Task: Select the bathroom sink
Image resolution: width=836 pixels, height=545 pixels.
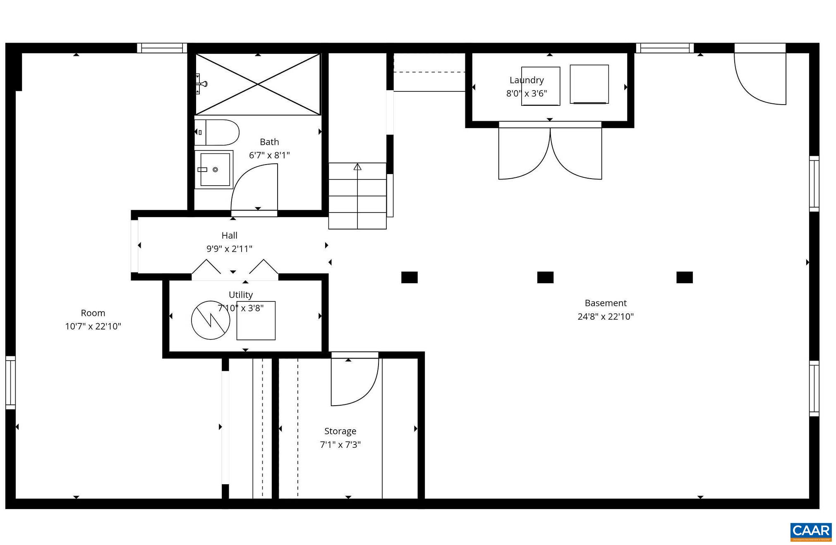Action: (214, 170)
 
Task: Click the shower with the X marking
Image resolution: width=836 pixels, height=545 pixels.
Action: (258, 84)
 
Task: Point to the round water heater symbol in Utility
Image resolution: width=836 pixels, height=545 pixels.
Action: (211, 320)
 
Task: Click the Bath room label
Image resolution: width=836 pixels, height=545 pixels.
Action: (269, 142)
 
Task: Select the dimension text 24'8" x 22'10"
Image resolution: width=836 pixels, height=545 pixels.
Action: (605, 316)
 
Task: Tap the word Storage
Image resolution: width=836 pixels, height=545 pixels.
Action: (340, 431)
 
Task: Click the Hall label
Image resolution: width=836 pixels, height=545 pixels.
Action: (229, 235)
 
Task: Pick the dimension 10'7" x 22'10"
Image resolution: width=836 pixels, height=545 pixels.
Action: (93, 326)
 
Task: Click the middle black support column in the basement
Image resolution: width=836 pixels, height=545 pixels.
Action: (545, 277)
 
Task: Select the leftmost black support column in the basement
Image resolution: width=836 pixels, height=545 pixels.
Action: (409, 277)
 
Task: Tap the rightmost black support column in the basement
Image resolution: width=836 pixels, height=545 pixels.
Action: (684, 277)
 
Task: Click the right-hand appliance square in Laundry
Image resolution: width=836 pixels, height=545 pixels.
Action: (589, 84)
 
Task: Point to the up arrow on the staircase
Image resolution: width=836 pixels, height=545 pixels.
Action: (357, 167)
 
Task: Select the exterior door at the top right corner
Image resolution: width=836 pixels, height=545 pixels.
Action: (760, 76)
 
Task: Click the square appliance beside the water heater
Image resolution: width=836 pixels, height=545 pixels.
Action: (256, 320)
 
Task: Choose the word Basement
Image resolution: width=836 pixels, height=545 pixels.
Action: (605, 303)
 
